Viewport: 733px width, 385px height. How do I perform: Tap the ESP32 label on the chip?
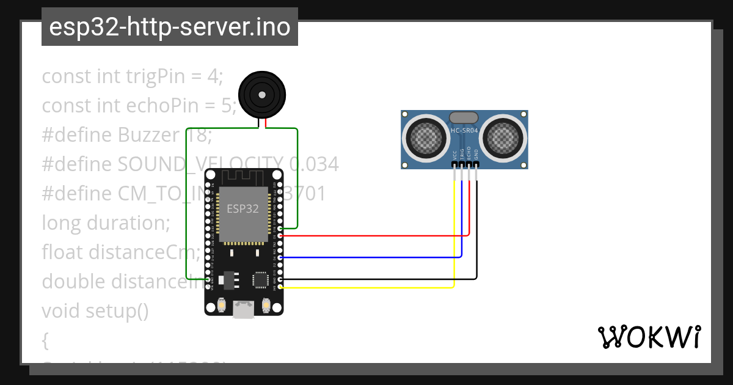pyautogui.click(x=243, y=208)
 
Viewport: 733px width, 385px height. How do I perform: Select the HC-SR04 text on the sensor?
pyautogui.click(x=464, y=130)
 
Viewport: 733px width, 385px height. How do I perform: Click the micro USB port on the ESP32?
pyautogui.click(x=244, y=310)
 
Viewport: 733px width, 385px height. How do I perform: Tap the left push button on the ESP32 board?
pyautogui.click(x=223, y=304)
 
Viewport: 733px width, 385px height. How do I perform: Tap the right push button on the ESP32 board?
pyautogui.click(x=266, y=304)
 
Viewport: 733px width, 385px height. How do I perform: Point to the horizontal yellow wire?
pyautogui.click(x=366, y=287)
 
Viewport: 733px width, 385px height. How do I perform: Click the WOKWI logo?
pyautogui.click(x=649, y=337)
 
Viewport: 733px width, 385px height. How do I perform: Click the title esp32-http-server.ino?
pyautogui.click(x=169, y=27)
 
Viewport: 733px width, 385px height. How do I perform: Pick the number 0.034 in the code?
pyautogui.click(x=314, y=164)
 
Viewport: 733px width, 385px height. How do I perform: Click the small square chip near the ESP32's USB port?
pyautogui.click(x=260, y=279)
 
